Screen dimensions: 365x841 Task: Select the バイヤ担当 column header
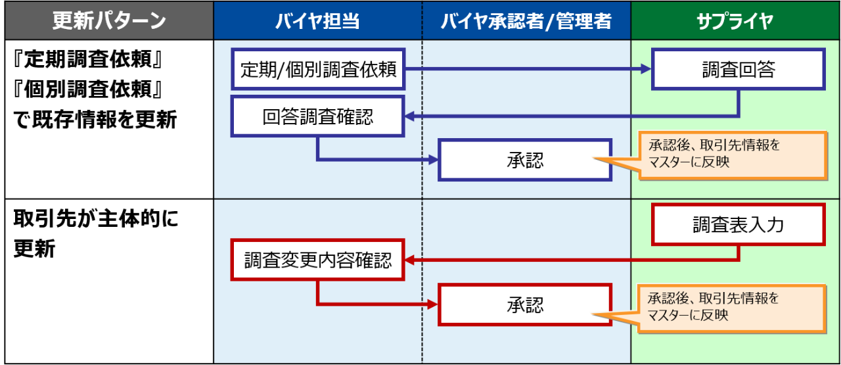[x=317, y=20]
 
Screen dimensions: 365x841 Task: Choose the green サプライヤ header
[x=735, y=20]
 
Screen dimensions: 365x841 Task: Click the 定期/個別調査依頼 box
[x=319, y=69]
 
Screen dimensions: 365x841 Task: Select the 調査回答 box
[x=738, y=70]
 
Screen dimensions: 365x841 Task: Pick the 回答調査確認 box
[x=319, y=117]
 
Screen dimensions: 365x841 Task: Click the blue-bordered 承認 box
[x=526, y=159]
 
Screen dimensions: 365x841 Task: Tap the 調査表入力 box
[x=738, y=225]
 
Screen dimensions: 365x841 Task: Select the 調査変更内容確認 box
[x=319, y=260]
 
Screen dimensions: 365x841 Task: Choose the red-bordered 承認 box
[x=526, y=304]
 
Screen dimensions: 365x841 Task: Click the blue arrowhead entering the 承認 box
[x=433, y=159]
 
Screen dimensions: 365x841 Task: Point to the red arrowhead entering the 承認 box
[x=433, y=304]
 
